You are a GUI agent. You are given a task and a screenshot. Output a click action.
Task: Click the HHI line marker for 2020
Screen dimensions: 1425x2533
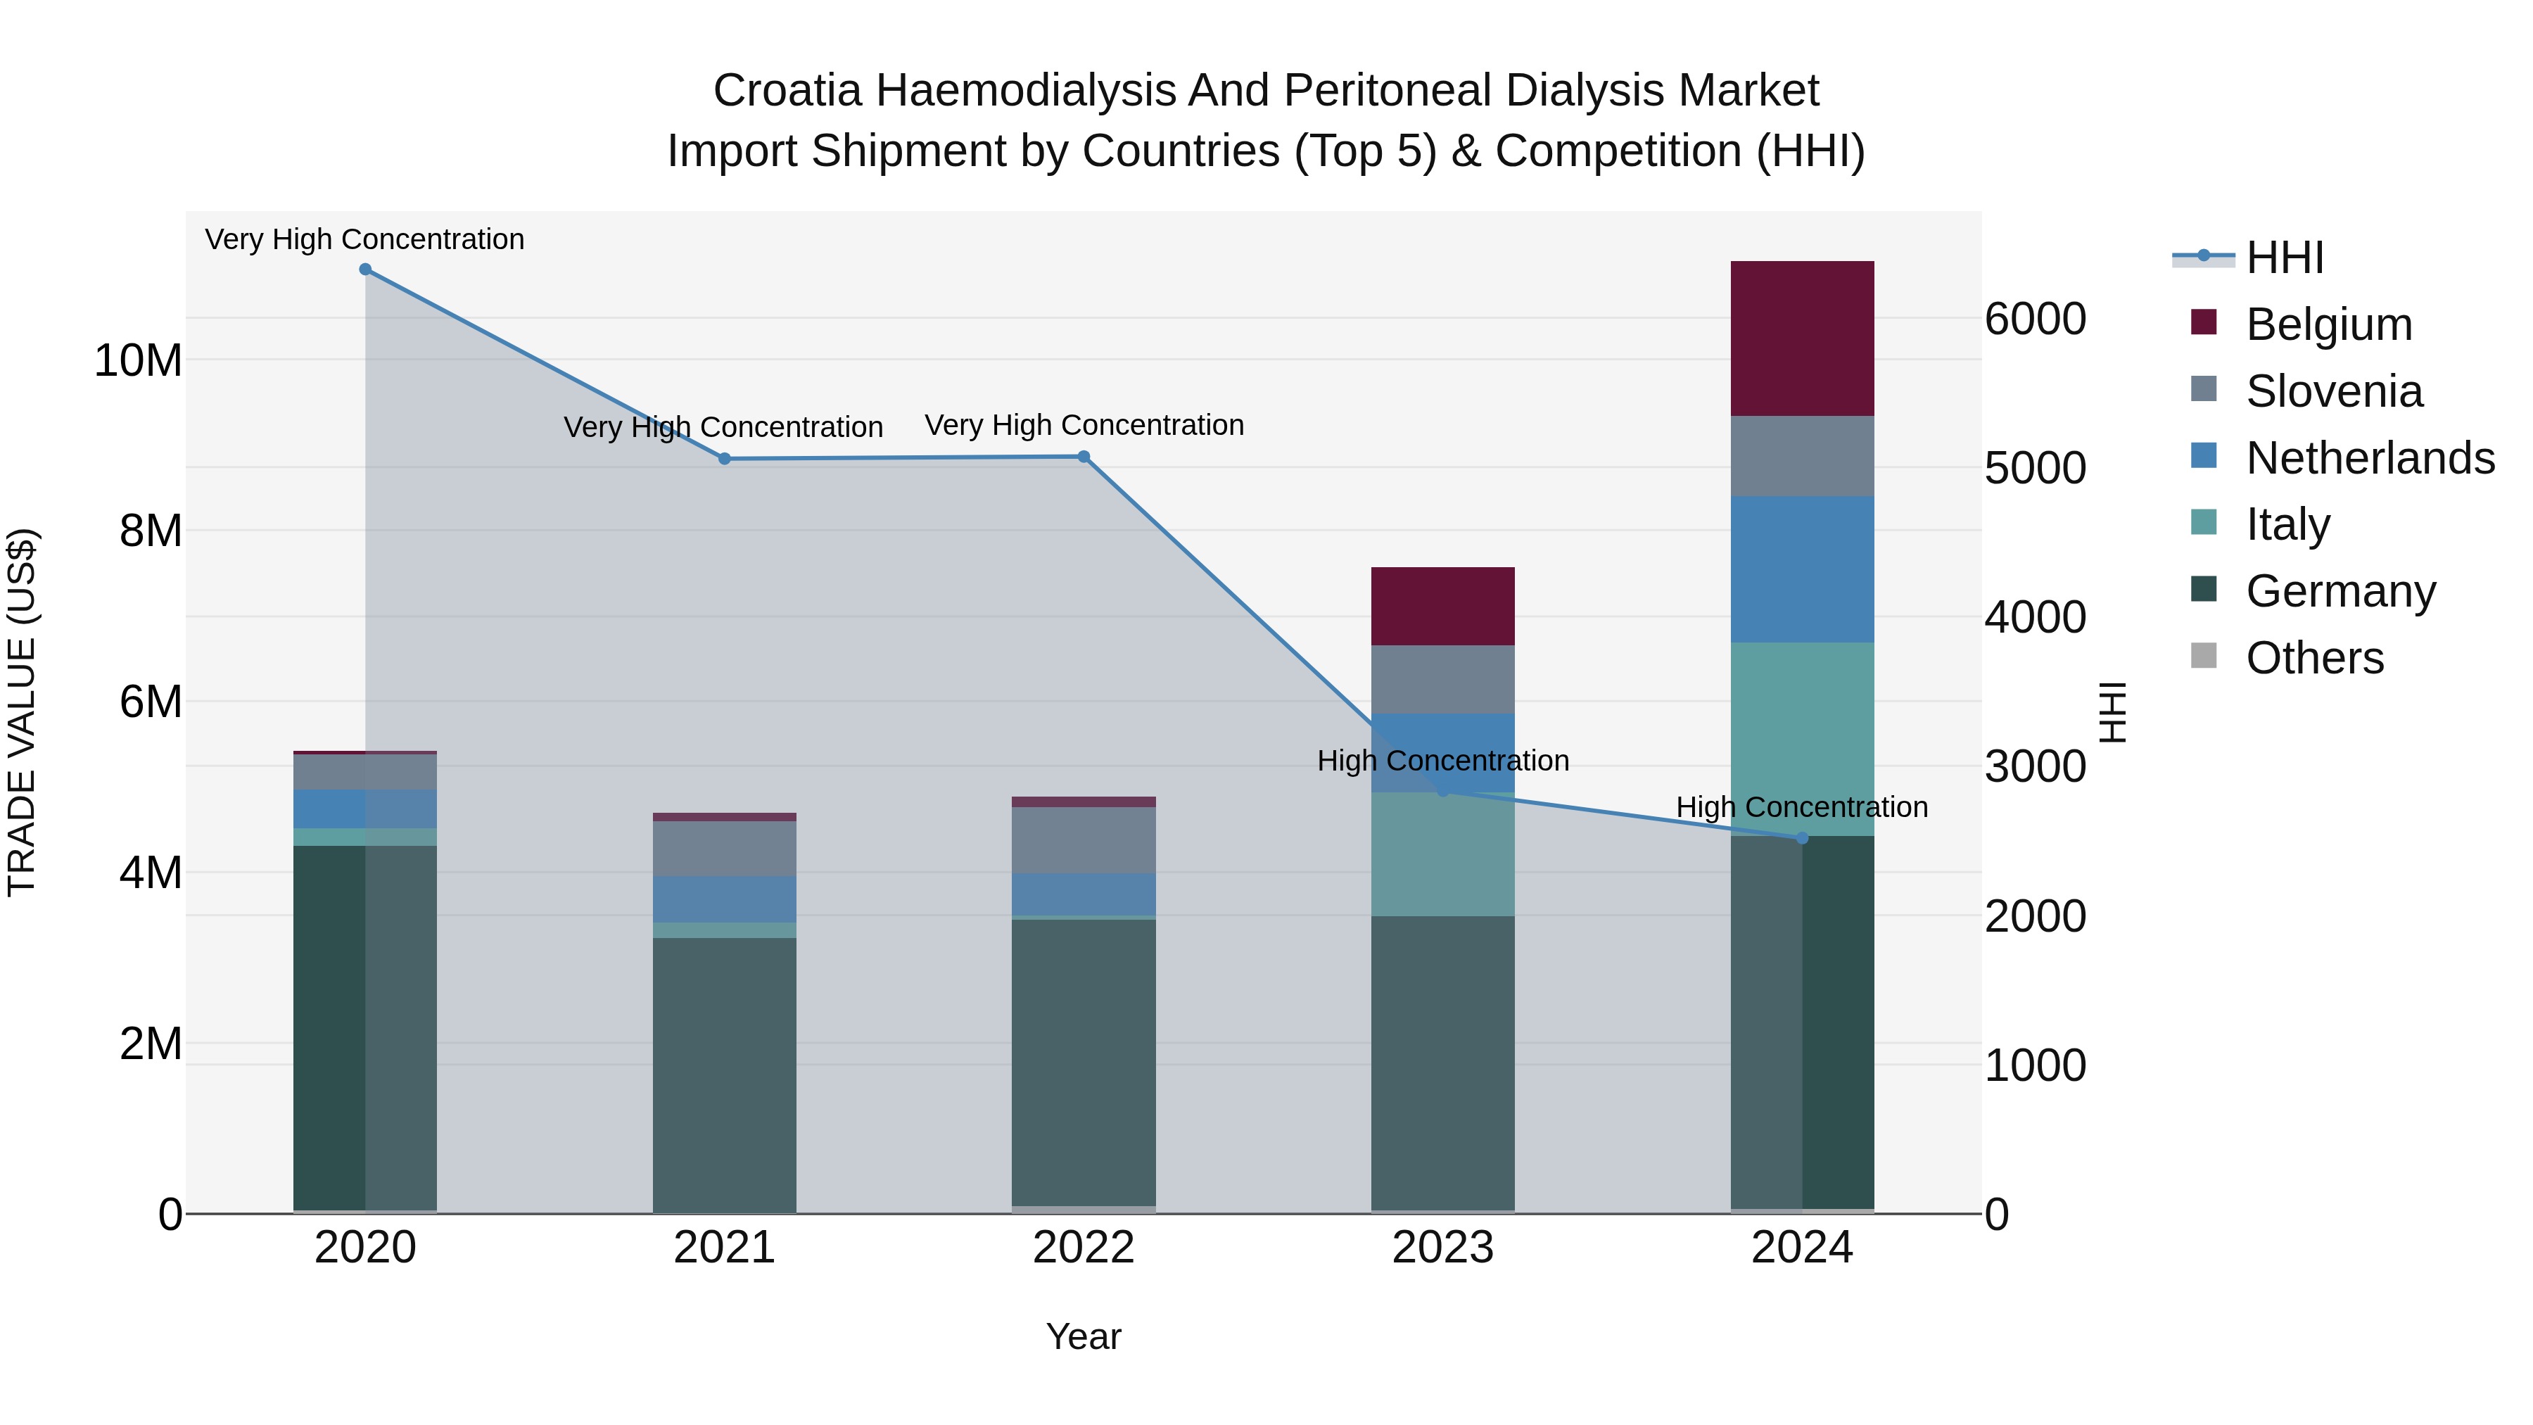[364, 270]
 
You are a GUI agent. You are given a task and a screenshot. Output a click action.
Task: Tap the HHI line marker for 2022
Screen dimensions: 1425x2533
[1084, 456]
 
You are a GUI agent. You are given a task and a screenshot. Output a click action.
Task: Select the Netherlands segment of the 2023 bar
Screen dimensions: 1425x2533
[1442, 752]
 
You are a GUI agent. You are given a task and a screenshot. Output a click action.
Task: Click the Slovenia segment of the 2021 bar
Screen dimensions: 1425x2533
[724, 848]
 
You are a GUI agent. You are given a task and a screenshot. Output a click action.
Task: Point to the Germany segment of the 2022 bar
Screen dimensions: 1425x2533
[1084, 1062]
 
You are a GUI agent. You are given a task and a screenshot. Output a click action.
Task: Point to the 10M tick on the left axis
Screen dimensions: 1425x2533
[138, 361]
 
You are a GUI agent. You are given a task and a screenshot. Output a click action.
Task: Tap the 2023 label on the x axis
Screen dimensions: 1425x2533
[1442, 1248]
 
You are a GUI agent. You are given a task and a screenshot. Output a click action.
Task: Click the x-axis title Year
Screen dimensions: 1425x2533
[1084, 1336]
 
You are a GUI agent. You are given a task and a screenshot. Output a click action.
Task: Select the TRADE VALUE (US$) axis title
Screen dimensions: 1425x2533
[22, 712]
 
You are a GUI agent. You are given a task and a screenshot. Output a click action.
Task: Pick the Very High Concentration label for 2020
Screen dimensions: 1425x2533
[364, 239]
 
